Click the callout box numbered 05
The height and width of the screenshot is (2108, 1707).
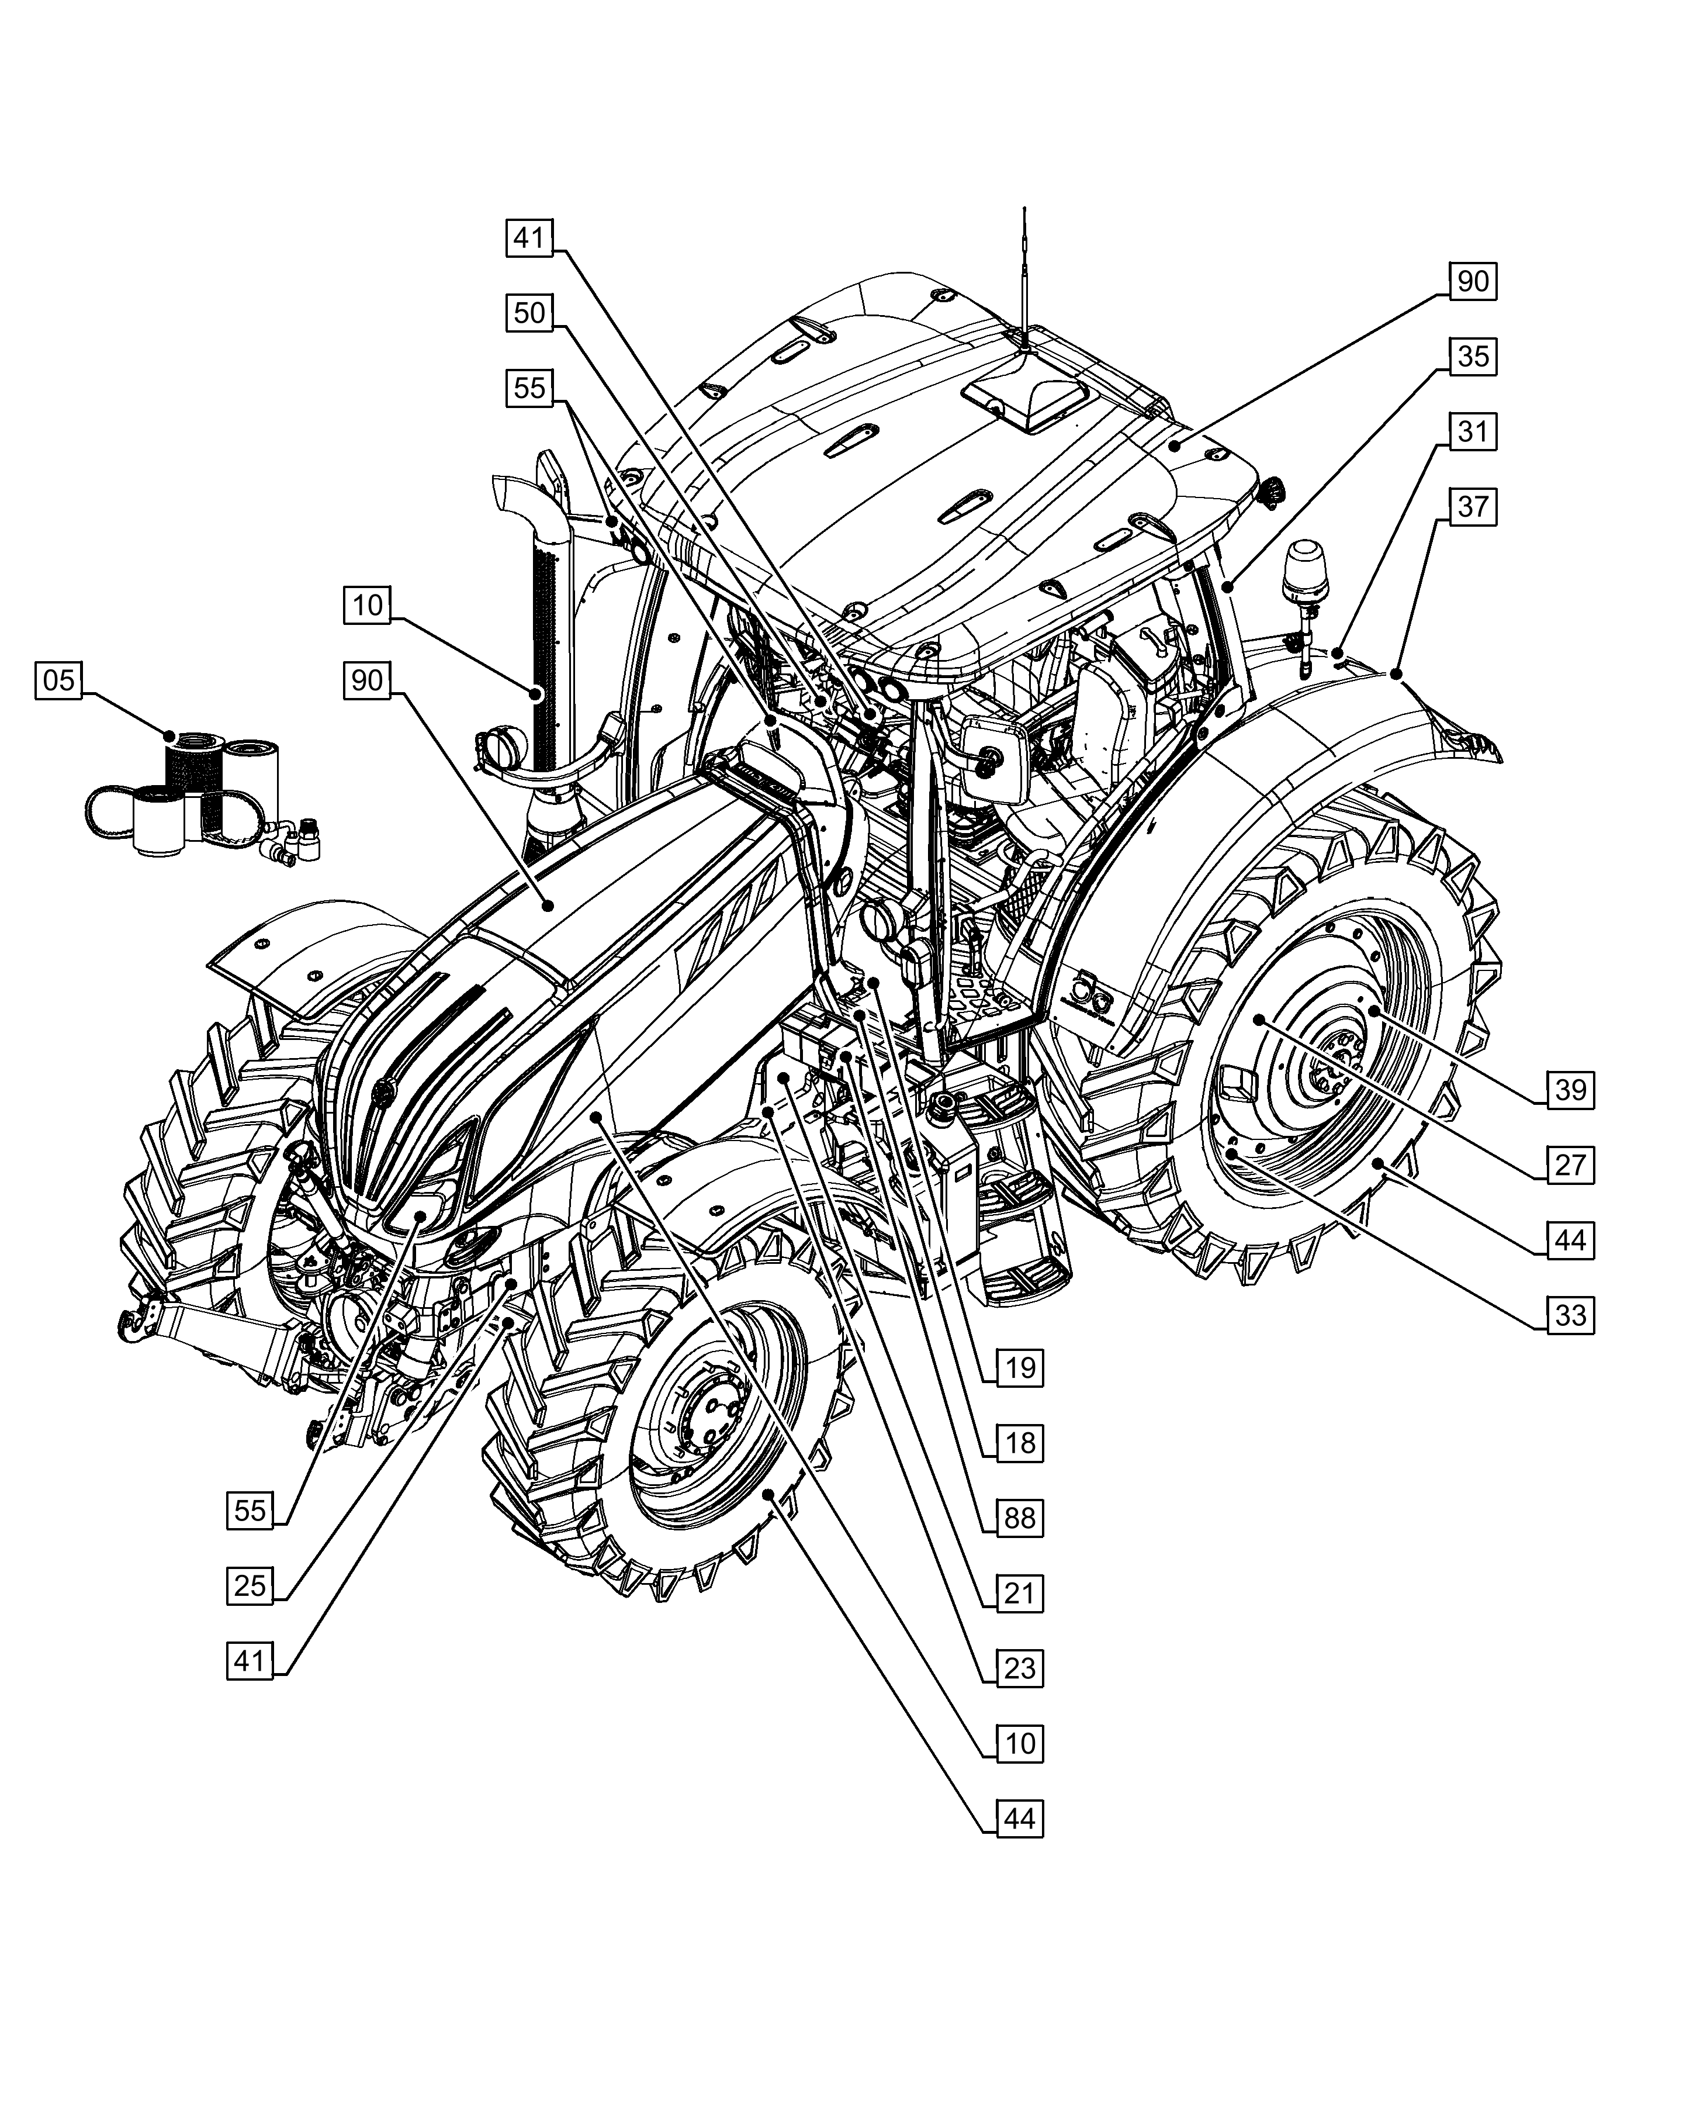[x=59, y=680]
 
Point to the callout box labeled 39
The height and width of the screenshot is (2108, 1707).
[x=1570, y=1090]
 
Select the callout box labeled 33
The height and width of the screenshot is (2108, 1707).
[x=1570, y=1315]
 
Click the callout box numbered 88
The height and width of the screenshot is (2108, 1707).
[x=1020, y=1518]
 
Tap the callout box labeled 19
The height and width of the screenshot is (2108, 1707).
[x=1020, y=1367]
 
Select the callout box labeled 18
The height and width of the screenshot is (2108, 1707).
[x=1020, y=1443]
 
